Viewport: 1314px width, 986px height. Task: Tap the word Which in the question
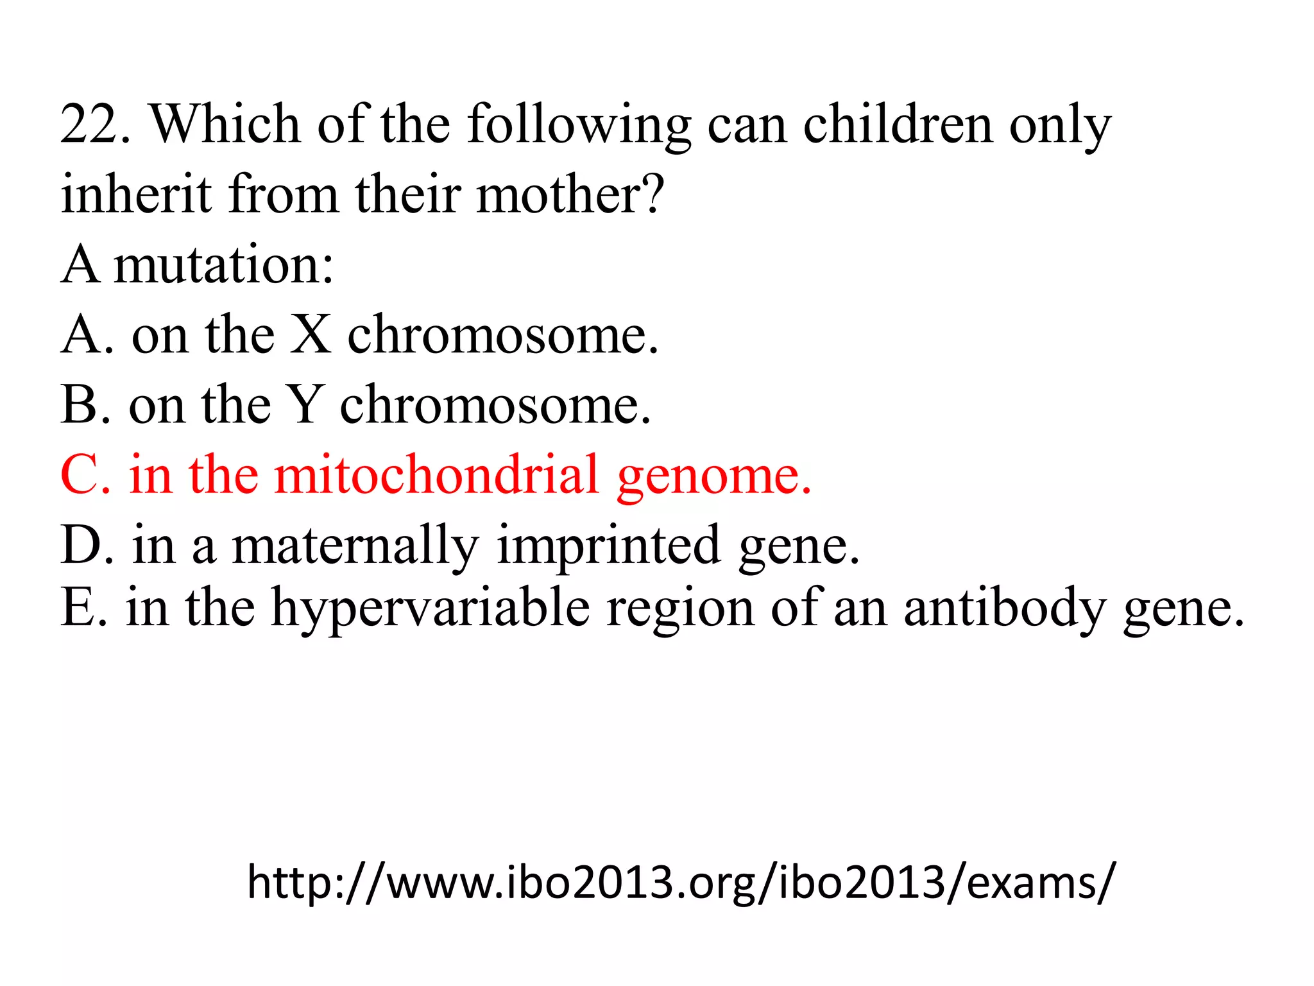pyautogui.click(x=225, y=124)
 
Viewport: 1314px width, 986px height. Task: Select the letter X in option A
pyautogui.click(x=311, y=334)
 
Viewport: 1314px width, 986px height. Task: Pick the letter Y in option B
pyautogui.click(x=303, y=405)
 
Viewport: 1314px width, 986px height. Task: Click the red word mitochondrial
pyautogui.click(x=436, y=475)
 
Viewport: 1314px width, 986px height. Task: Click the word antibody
pyautogui.click(x=1005, y=609)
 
